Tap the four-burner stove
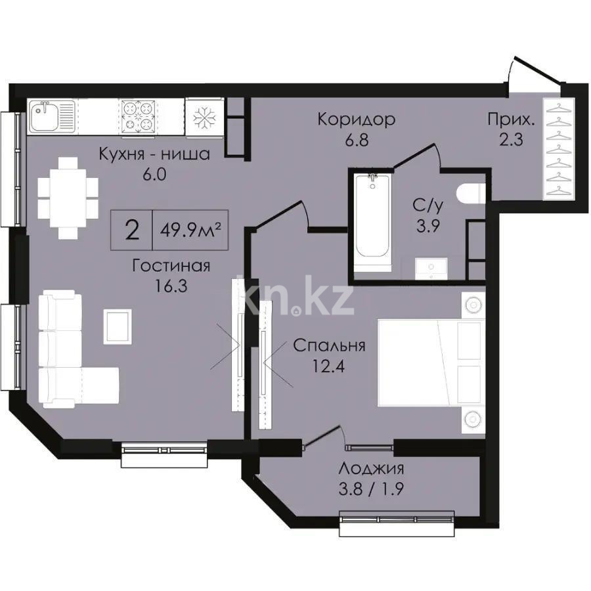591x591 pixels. tap(139, 117)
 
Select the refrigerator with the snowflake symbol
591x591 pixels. tap(204, 118)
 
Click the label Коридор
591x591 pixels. tap(356, 120)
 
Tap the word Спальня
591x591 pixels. tap(329, 346)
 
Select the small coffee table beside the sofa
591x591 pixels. tap(118, 326)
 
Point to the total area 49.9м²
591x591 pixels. tap(190, 230)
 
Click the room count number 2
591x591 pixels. tap(132, 230)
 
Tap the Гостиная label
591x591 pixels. tap(171, 266)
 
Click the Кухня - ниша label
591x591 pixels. tap(154, 155)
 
